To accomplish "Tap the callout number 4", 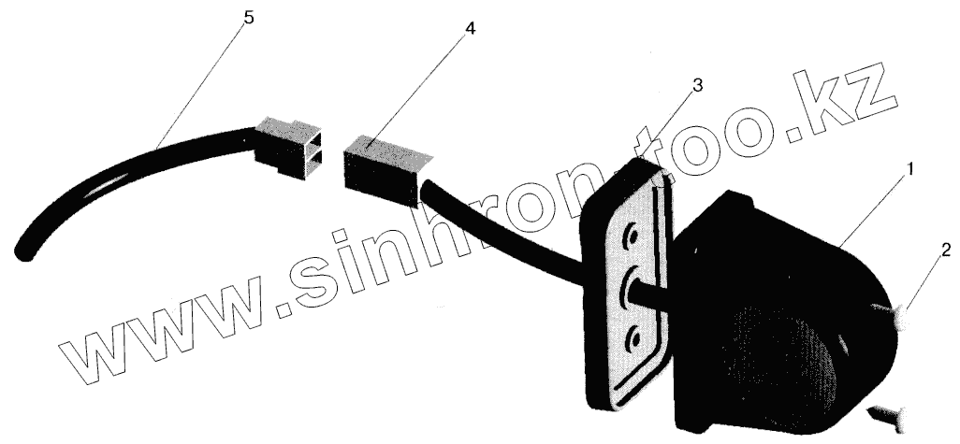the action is tap(469, 29).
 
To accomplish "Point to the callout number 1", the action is tap(910, 171).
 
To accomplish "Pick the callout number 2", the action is tap(946, 250).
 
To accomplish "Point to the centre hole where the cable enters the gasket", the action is tap(629, 284).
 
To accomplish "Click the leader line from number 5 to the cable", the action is tap(201, 85).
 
